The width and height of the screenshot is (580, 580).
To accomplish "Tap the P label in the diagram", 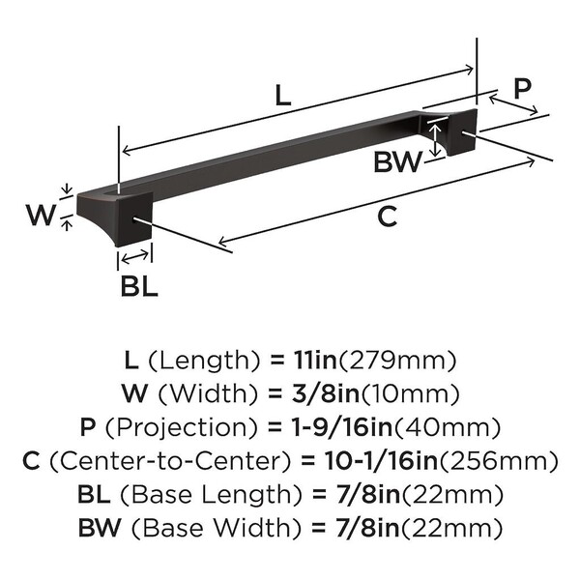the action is pyautogui.click(x=522, y=88).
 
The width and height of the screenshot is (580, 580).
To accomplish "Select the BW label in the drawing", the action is pyautogui.click(x=397, y=162).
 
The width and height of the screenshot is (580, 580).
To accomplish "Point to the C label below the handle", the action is pyautogui.click(x=388, y=217).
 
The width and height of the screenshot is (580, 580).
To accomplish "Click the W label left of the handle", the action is pyautogui.click(x=41, y=215).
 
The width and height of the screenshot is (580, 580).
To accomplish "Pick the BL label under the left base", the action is pyautogui.click(x=139, y=286).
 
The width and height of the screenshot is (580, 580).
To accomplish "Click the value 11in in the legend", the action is pyautogui.click(x=315, y=360).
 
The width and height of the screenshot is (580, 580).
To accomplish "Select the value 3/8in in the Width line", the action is pyautogui.click(x=326, y=393).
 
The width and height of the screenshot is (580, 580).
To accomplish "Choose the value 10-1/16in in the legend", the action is pyautogui.click(x=381, y=461).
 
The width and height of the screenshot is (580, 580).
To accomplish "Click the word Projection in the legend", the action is pyautogui.click(x=182, y=427).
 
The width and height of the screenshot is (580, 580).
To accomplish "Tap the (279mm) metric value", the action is pyautogui.click(x=397, y=361).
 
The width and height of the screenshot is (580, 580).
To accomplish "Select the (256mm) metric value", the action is pyautogui.click(x=498, y=461).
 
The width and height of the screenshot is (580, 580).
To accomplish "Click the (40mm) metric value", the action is pyautogui.click(x=448, y=427).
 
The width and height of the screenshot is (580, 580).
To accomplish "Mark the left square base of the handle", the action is pyautogui.click(x=115, y=217).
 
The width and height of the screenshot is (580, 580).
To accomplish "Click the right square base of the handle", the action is pyautogui.click(x=449, y=132).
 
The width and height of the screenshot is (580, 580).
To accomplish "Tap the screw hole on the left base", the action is pyautogui.click(x=133, y=219).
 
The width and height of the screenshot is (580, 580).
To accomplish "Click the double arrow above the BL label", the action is pyautogui.click(x=135, y=257).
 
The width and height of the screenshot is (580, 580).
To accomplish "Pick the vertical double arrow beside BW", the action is pyautogui.click(x=436, y=140).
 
